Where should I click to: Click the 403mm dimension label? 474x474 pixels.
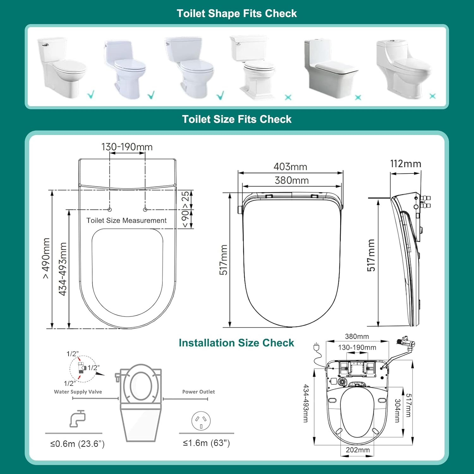pos(290,167)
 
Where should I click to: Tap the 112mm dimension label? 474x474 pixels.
pos(405,164)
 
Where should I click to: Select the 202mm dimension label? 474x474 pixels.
pos(357,450)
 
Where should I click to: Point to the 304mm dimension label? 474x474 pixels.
pos(397,410)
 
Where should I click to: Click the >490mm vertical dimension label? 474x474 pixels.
pos(46,258)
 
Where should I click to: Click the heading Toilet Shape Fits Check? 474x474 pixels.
pos(237,13)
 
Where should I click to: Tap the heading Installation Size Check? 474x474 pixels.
pos(236,343)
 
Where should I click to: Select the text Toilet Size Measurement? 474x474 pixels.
pos(126,221)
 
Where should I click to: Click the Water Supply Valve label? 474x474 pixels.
pos(78,392)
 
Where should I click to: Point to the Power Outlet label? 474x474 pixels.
pos(198,392)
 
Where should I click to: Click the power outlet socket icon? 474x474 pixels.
pos(201,421)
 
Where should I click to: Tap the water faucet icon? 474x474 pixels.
pos(78,418)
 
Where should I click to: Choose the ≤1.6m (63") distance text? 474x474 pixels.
pos(206,443)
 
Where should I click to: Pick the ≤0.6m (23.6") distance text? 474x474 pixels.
pos(77,444)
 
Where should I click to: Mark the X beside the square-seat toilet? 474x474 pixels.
pos(358,97)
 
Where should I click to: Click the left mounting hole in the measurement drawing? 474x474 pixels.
pos(110,210)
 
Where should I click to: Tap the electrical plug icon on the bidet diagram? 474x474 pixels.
pos(316,347)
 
